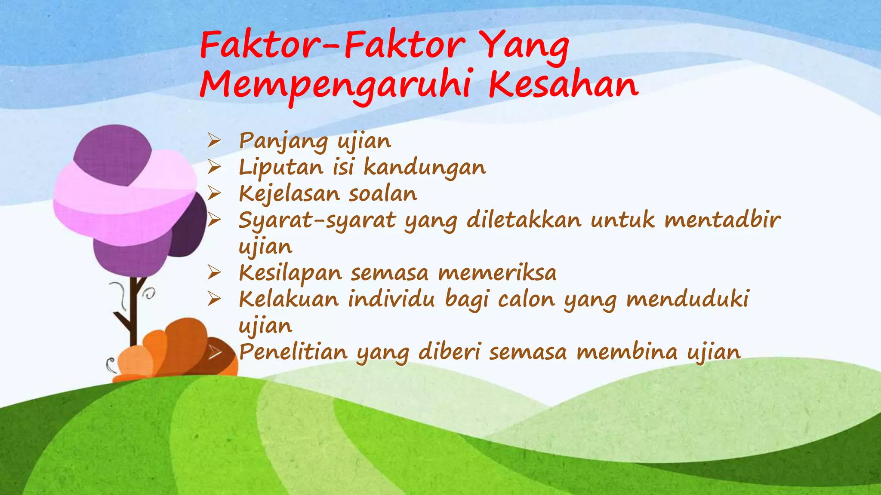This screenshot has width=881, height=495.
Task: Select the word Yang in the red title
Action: click(x=524, y=46)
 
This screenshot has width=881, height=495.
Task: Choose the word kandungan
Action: click(x=425, y=168)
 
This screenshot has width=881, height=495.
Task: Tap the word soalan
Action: click(x=383, y=194)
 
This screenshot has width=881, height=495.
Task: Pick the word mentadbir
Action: click(x=722, y=220)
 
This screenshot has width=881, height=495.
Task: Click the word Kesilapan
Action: click(x=290, y=273)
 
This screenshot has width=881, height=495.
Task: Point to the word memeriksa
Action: click(x=497, y=273)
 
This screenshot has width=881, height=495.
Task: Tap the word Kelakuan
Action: click(x=289, y=299)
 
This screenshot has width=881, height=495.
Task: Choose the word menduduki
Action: click(x=689, y=299)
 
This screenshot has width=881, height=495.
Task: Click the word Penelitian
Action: click(x=293, y=352)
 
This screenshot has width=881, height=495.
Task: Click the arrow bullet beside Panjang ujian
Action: click(x=214, y=141)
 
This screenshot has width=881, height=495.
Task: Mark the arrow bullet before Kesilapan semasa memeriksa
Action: click(x=214, y=272)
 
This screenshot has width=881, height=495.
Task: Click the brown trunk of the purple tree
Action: click(x=134, y=309)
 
